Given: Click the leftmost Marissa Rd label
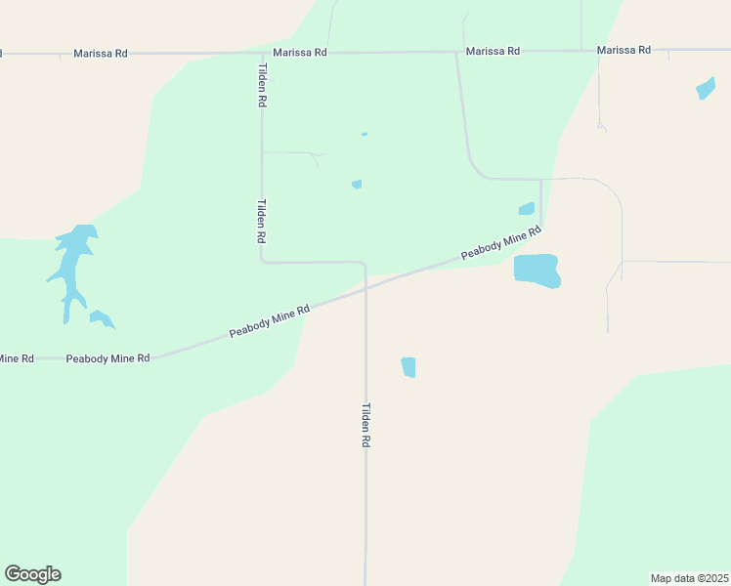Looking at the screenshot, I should click(x=101, y=53).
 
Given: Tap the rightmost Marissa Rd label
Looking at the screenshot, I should click(x=623, y=50).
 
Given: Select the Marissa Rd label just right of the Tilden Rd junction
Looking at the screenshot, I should click(x=300, y=52).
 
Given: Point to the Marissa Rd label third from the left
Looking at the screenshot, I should click(x=493, y=51).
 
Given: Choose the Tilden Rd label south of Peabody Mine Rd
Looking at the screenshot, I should click(x=366, y=425).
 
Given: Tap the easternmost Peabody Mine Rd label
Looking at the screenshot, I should click(x=501, y=244).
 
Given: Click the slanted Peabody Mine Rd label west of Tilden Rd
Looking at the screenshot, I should click(x=270, y=321).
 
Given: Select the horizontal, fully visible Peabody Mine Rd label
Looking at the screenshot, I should click(x=107, y=358).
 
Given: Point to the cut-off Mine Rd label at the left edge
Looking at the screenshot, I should click(x=17, y=358).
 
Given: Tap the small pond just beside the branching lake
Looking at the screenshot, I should click(x=101, y=318).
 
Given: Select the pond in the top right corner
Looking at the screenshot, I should click(x=705, y=89).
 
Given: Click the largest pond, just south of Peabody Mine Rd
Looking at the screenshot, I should click(x=537, y=271).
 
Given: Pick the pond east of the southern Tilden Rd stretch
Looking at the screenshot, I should click(x=408, y=366).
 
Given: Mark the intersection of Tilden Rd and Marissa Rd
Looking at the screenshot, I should click(x=260, y=53).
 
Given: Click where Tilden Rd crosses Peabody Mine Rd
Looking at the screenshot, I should click(x=365, y=288).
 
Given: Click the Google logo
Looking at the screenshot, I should click(x=32, y=574).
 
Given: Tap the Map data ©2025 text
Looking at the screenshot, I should click(x=689, y=578).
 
